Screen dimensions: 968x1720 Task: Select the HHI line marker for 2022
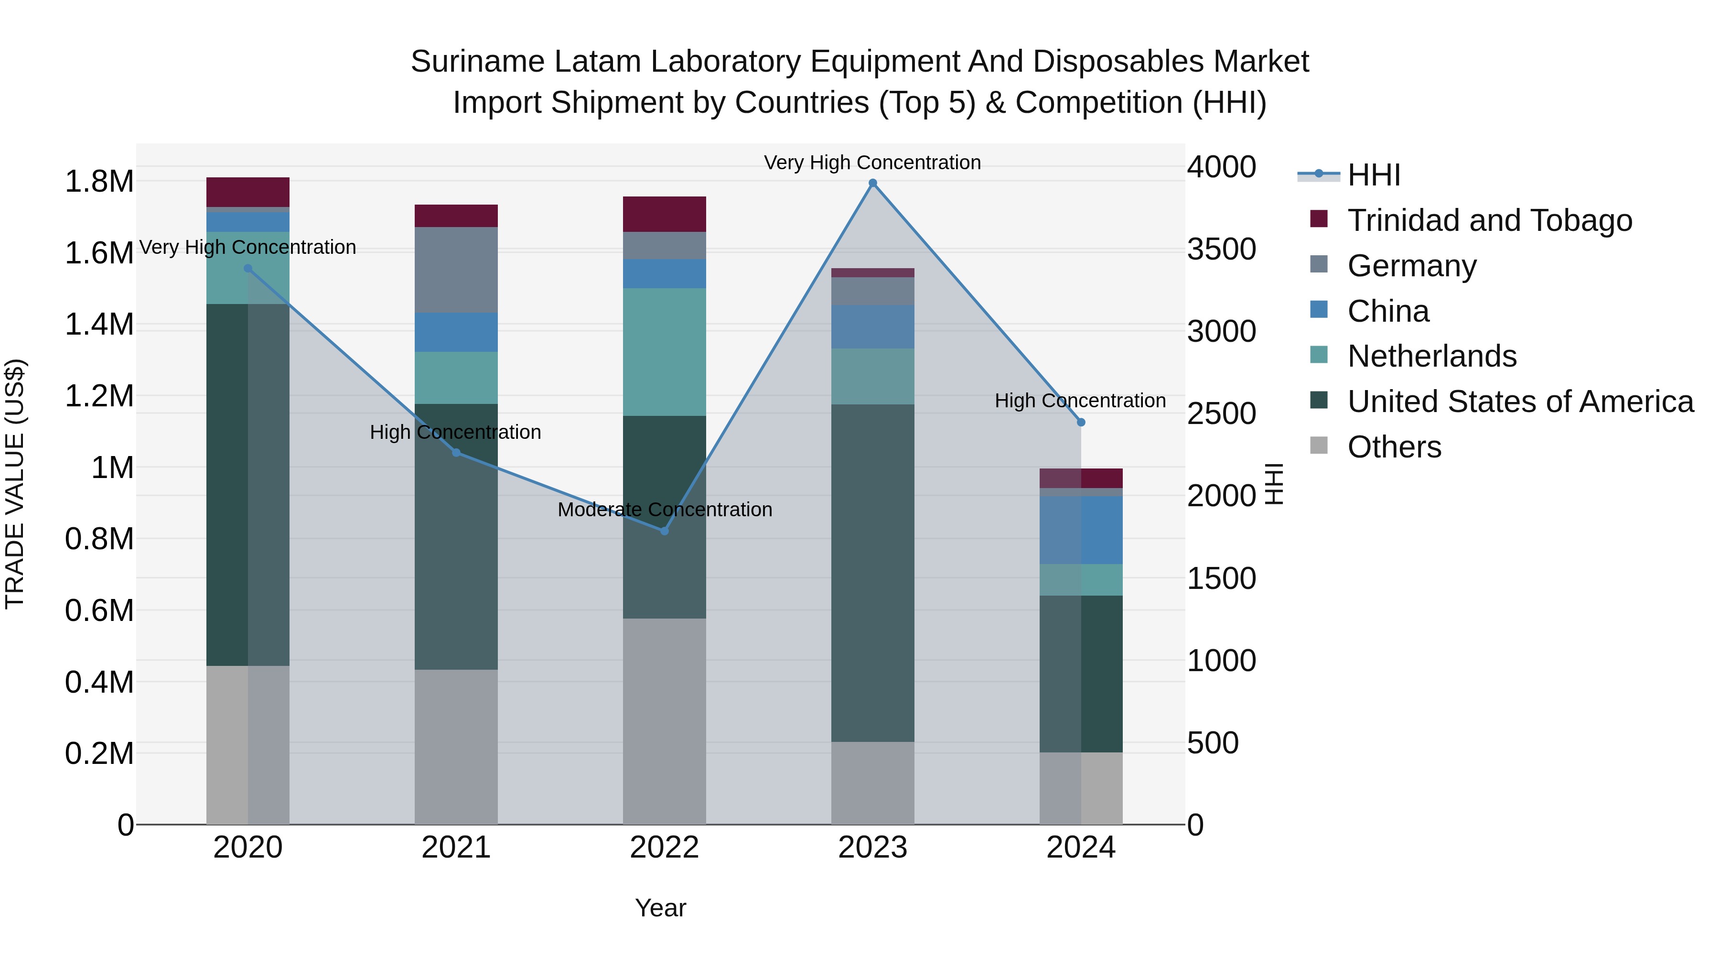coord(665,531)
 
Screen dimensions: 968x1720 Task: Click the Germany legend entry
coord(1411,266)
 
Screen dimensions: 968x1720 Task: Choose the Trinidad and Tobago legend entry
coord(1489,220)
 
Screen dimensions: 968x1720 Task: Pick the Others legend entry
coord(1394,447)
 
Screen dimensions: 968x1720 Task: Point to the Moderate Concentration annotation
coord(665,510)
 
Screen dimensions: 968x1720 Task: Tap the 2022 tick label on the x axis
coord(665,848)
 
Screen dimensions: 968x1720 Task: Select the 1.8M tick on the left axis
coord(99,182)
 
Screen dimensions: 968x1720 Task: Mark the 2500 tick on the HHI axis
coord(1221,413)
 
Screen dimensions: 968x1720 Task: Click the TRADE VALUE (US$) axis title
coord(15,484)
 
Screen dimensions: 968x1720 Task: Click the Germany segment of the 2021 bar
coord(456,270)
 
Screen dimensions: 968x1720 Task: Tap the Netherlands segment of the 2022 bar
coord(665,352)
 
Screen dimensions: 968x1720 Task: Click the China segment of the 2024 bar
coord(1081,530)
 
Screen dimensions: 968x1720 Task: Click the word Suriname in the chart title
coord(477,62)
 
